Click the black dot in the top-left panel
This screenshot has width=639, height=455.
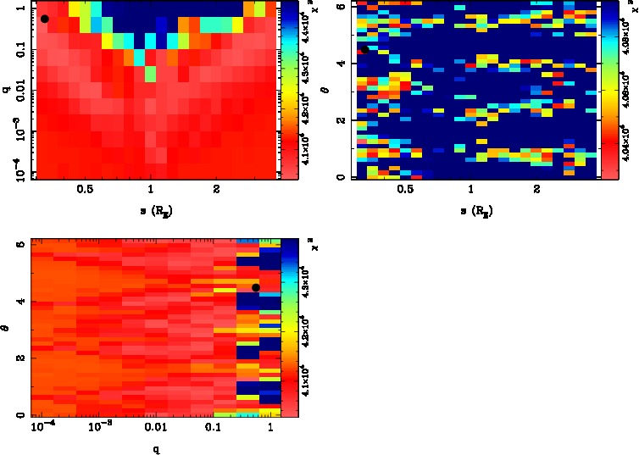pyautogui.click(x=44, y=19)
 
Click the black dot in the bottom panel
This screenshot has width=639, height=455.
pyautogui.click(x=256, y=287)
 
